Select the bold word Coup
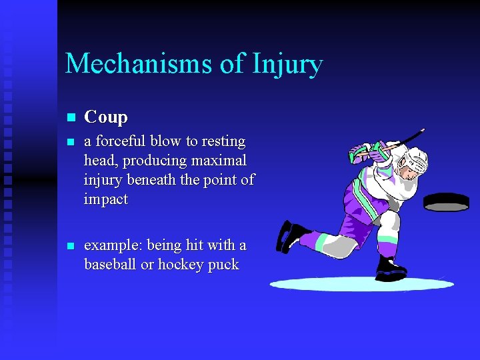(106, 117)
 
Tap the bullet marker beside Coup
(71, 118)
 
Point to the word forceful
(121, 141)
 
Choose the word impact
(106, 199)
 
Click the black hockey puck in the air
(446, 202)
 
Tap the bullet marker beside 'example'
(71, 246)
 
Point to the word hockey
(181, 265)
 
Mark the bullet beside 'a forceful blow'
(71, 142)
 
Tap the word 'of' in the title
(232, 64)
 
